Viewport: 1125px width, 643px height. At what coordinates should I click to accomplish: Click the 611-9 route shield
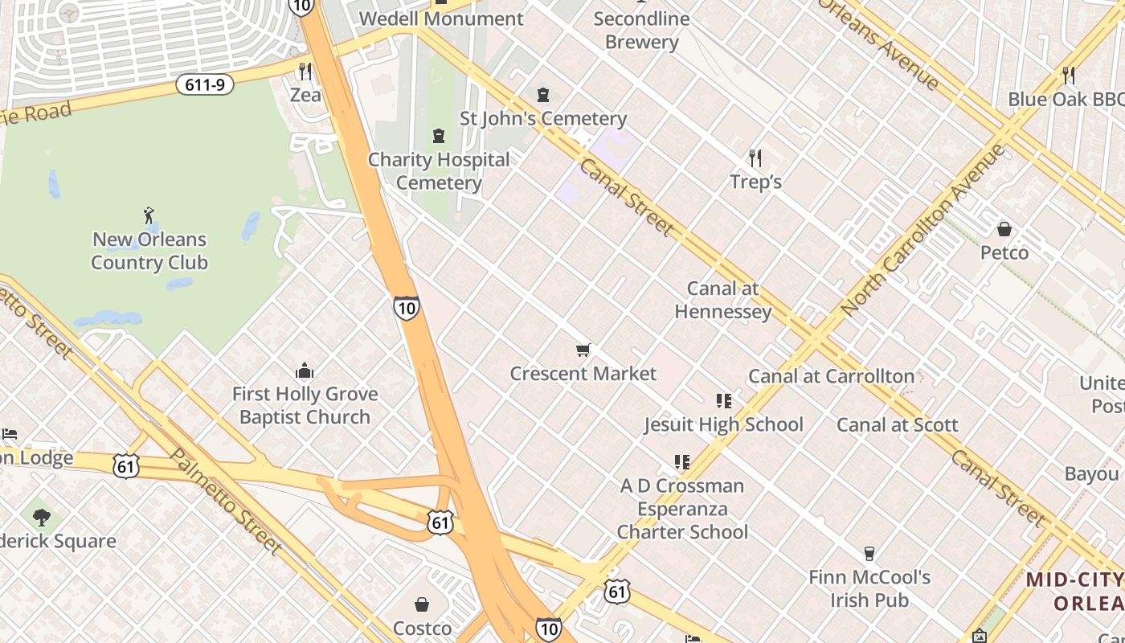pos(205,84)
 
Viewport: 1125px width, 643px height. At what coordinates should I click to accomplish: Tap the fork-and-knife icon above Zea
pos(305,72)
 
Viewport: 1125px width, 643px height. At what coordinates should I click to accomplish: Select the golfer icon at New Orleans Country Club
pos(149,215)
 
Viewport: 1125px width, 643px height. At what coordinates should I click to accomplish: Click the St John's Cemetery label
pos(542,119)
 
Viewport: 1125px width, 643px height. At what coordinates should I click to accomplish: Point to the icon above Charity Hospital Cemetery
pos(439,136)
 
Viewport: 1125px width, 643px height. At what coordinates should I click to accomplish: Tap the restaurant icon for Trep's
pos(755,158)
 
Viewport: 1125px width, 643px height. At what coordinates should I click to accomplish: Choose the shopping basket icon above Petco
pos(1004,229)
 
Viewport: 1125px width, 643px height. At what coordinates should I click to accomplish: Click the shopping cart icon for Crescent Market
pos(583,350)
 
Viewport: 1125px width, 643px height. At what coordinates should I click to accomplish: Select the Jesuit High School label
pos(723,424)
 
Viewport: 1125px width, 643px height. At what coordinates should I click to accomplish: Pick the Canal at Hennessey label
pos(723,300)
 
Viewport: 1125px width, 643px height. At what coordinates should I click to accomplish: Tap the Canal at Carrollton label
pos(831,376)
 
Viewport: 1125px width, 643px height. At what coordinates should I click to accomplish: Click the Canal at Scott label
pos(897,424)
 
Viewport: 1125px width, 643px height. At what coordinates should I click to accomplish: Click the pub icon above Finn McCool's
pos(869,553)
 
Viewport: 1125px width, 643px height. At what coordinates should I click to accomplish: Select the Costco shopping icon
pos(422,604)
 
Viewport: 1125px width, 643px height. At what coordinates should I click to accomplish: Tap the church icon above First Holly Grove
pos(305,371)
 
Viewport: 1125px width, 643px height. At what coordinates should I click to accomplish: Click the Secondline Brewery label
pos(641,30)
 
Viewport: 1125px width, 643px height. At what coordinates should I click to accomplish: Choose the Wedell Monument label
pos(441,18)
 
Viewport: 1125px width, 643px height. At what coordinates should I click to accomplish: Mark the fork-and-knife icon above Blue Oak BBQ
pos(1068,76)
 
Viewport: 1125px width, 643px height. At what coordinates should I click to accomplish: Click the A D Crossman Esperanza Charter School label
pos(682,509)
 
